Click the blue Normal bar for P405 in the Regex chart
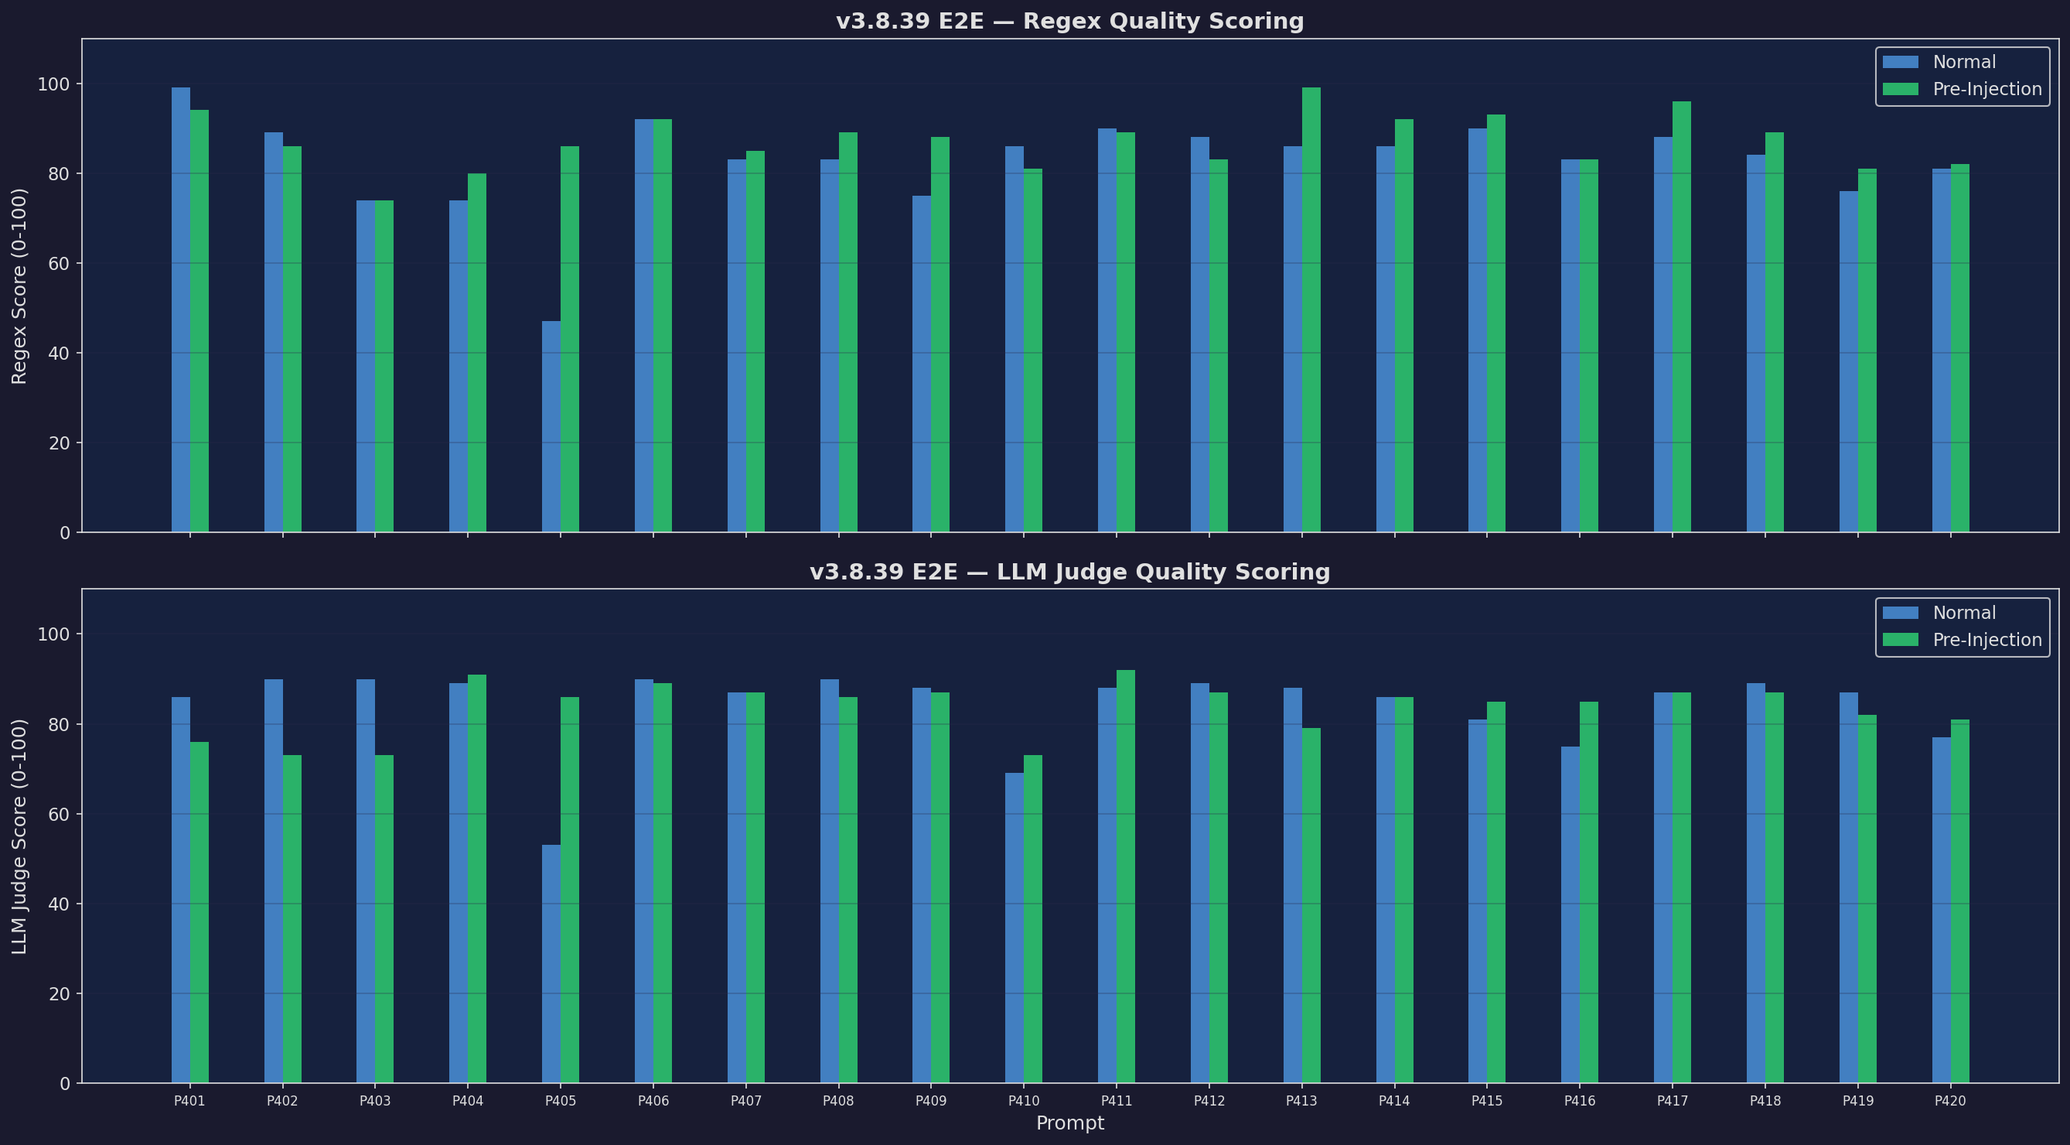click(551, 426)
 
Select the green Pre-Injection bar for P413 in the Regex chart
click(1311, 309)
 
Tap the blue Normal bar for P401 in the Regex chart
click(181, 309)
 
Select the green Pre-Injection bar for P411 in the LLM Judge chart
click(1125, 877)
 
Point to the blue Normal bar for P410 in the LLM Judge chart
click(1014, 928)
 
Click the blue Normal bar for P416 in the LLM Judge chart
click(1570, 914)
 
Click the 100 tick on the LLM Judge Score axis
click(54, 634)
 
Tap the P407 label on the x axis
click(745, 1101)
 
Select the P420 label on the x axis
click(1950, 1101)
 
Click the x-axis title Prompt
click(1069, 1123)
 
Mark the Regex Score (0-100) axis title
click(19, 285)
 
